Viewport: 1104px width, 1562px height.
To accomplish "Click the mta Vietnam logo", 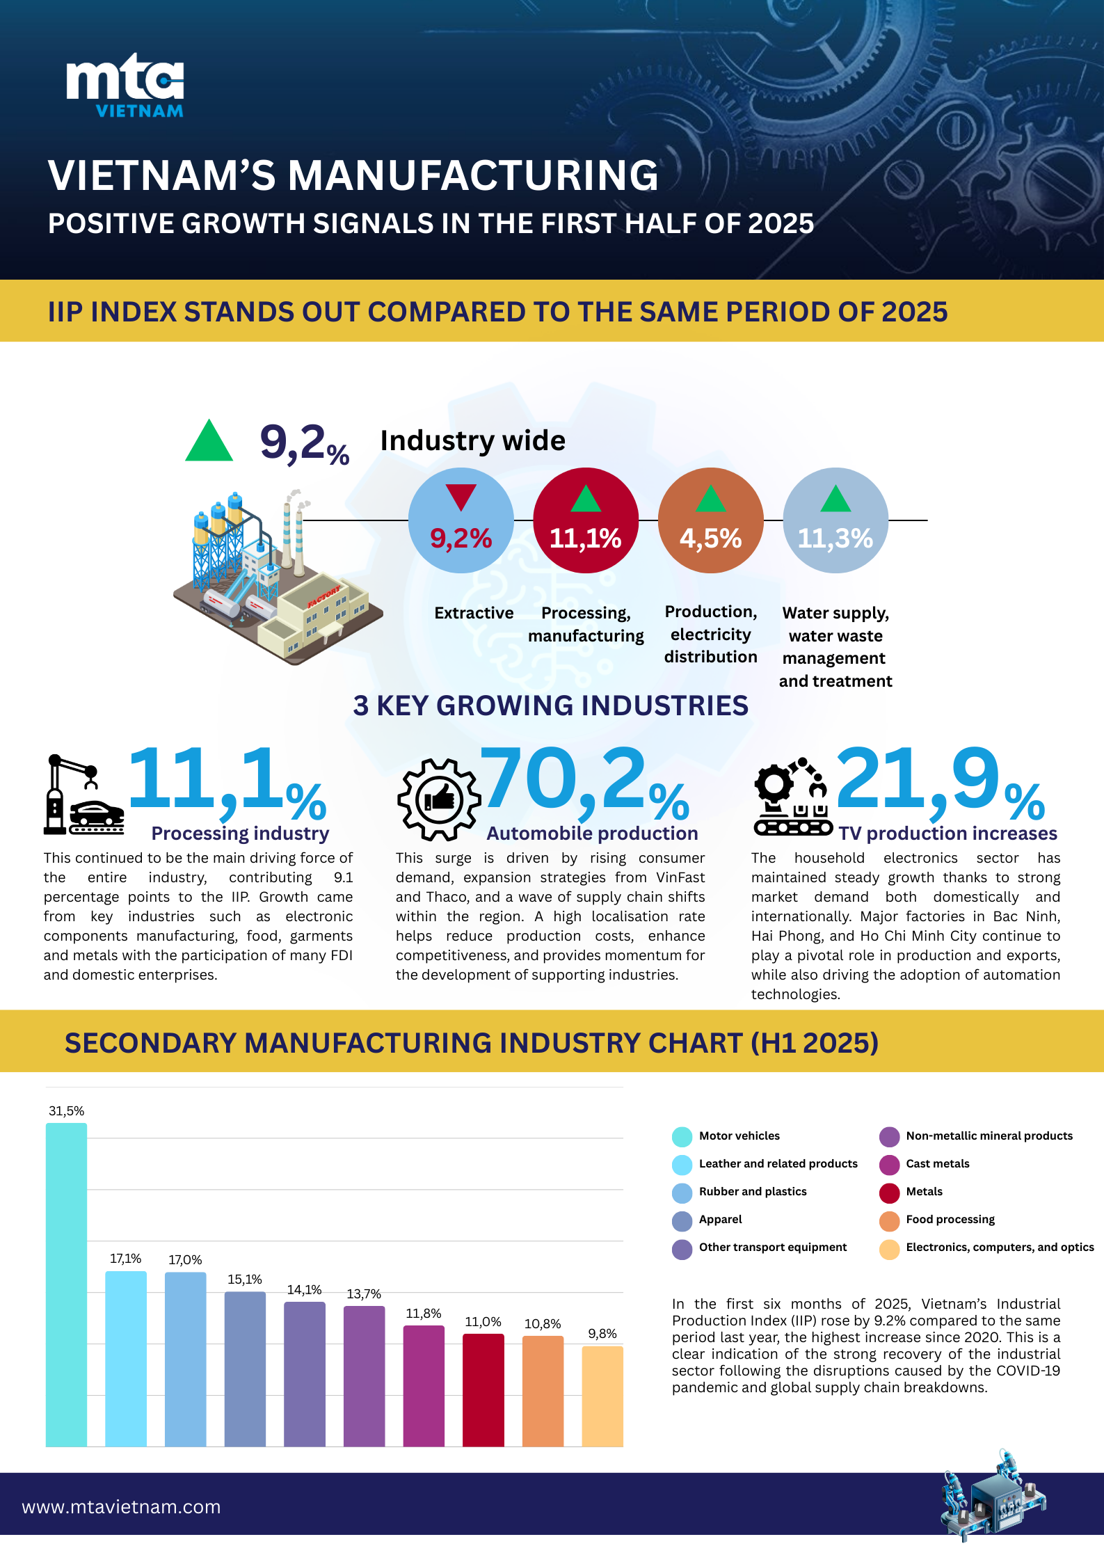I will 125,86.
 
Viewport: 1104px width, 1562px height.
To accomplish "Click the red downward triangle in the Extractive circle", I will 461,497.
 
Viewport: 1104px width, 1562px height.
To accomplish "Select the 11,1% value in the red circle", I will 585,538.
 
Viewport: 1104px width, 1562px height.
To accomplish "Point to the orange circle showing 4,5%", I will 710,521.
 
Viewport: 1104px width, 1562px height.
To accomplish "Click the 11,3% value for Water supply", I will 835,538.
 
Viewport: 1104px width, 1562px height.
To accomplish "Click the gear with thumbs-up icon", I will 439,799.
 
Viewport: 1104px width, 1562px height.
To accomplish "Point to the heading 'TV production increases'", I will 947,834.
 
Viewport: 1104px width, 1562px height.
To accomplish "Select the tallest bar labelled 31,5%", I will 67,1284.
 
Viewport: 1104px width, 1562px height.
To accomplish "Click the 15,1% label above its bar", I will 245,1280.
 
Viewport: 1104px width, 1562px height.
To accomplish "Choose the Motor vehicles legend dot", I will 682,1136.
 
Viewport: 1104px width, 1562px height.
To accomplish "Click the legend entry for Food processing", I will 950,1219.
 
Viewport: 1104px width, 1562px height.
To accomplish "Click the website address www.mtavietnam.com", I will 121,1507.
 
